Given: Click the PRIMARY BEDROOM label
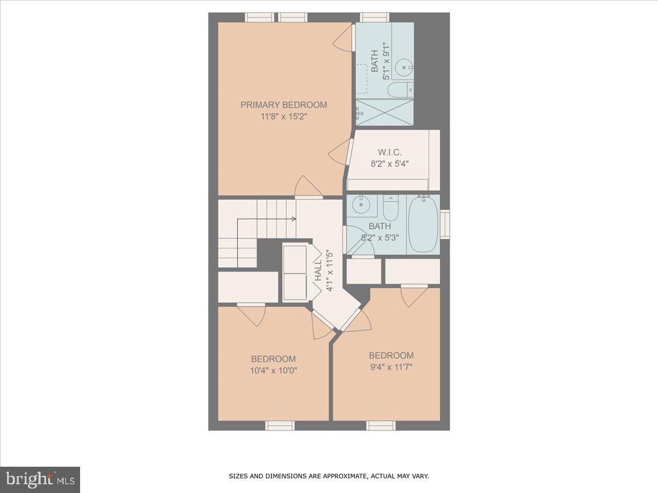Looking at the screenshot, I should (283, 105).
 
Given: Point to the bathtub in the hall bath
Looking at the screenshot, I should (423, 225).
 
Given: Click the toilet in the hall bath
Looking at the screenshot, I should (391, 208).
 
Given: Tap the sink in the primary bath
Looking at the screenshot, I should (404, 68).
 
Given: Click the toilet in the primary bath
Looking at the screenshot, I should (399, 89).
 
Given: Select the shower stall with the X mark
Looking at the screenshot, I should (385, 112).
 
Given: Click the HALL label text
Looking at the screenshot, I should (319, 271).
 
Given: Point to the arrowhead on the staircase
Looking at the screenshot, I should (294, 219).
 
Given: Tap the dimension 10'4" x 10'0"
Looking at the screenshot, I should (273, 370).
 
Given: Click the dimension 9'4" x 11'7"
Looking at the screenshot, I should (391, 366).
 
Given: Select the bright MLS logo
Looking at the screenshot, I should (40, 479).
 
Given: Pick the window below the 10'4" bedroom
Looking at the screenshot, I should (280, 426).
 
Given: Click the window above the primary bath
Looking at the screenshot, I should (374, 17).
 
